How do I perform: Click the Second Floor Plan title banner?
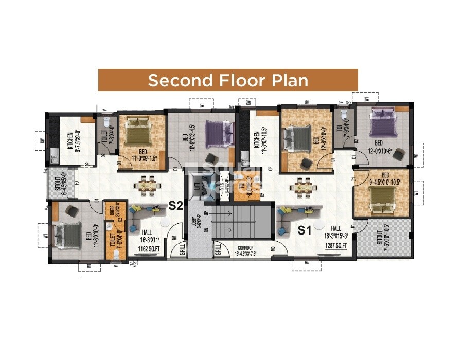tap(228, 80)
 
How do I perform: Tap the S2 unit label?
tap(176, 206)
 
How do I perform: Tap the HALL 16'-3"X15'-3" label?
tap(336, 231)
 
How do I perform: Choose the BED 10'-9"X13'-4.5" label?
tap(188, 146)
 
